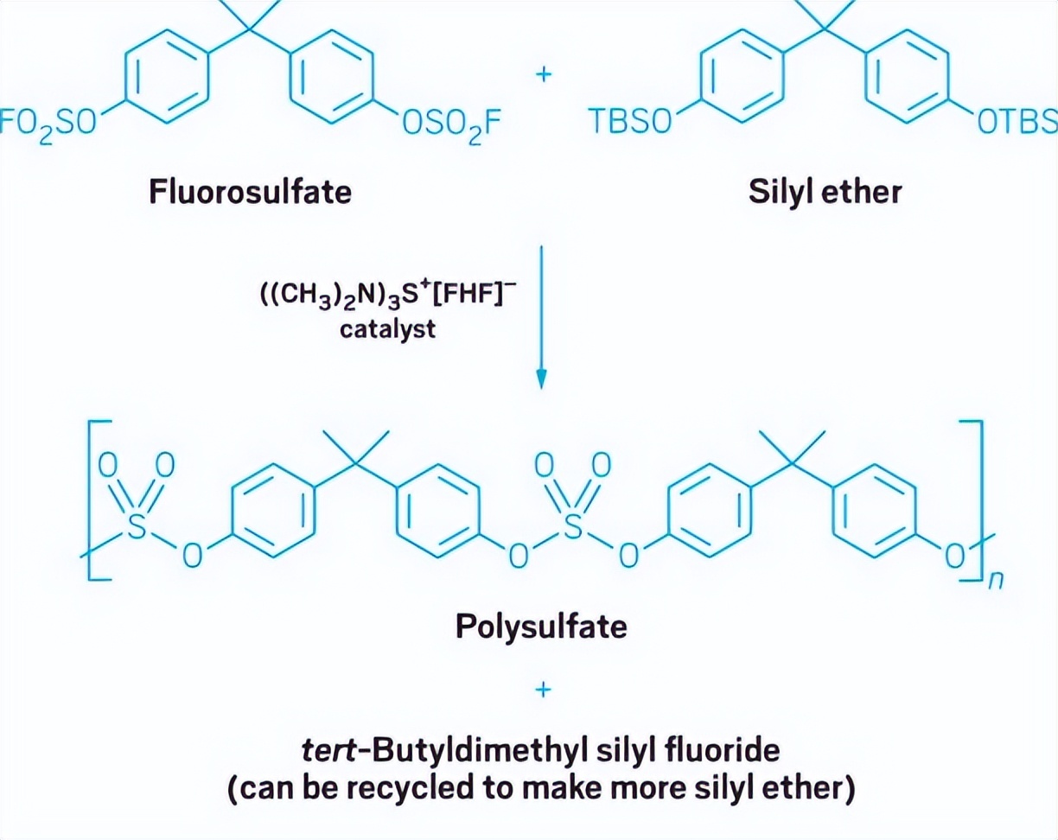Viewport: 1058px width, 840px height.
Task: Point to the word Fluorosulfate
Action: tap(251, 191)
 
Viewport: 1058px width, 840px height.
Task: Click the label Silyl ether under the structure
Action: tap(825, 191)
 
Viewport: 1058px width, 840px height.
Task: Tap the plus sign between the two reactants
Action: tap(543, 74)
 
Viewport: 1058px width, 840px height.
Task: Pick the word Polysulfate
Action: tap(541, 626)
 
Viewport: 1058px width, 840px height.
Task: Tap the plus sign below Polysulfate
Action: tap(542, 690)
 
